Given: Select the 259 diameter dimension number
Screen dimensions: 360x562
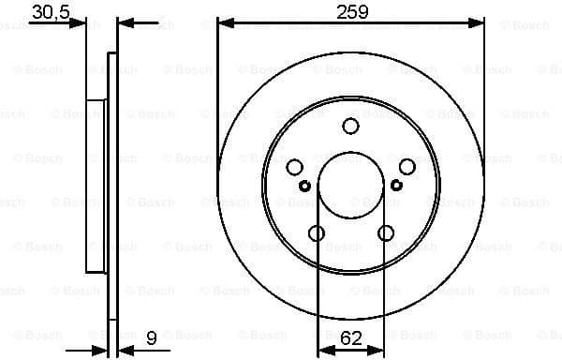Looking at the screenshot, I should (x=352, y=12).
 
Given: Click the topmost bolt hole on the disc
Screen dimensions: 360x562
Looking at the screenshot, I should (x=351, y=126).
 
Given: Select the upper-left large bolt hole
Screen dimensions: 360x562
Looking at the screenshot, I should (x=295, y=167).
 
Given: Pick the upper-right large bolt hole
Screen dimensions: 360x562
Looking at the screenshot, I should (x=407, y=167).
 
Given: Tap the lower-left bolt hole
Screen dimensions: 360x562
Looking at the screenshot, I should (x=317, y=233).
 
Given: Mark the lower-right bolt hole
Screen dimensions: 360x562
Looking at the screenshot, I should (x=386, y=233).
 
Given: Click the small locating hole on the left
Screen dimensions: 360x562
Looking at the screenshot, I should (x=304, y=185).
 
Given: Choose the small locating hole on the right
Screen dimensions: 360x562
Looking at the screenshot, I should (x=396, y=185).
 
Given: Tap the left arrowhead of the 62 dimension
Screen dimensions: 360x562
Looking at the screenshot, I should (x=323, y=348).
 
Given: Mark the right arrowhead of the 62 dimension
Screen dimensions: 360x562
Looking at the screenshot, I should (x=380, y=348).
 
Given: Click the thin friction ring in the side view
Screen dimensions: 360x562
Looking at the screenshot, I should (x=112, y=187).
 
